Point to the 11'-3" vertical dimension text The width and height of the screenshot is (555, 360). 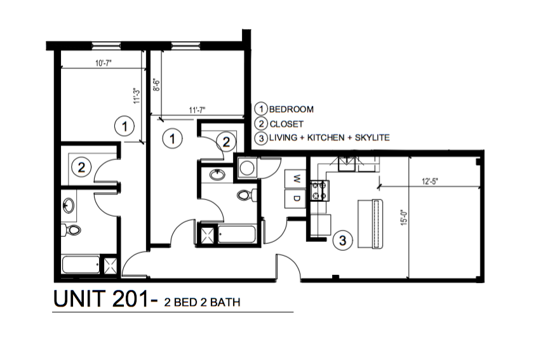point(136,96)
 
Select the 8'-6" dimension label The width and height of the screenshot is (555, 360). point(156,85)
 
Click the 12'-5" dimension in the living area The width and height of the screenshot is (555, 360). point(429,181)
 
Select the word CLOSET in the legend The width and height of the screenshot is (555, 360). point(286,124)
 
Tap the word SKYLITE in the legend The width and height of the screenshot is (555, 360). point(370,138)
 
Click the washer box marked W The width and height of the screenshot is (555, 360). point(296,179)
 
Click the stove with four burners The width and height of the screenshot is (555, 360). point(319,190)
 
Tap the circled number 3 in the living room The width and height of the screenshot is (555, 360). point(342,241)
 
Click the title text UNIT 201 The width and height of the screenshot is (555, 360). point(101,300)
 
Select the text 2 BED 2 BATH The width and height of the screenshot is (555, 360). point(202,302)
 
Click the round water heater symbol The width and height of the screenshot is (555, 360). point(246,167)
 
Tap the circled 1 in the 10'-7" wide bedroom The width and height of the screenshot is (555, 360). point(126,127)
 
